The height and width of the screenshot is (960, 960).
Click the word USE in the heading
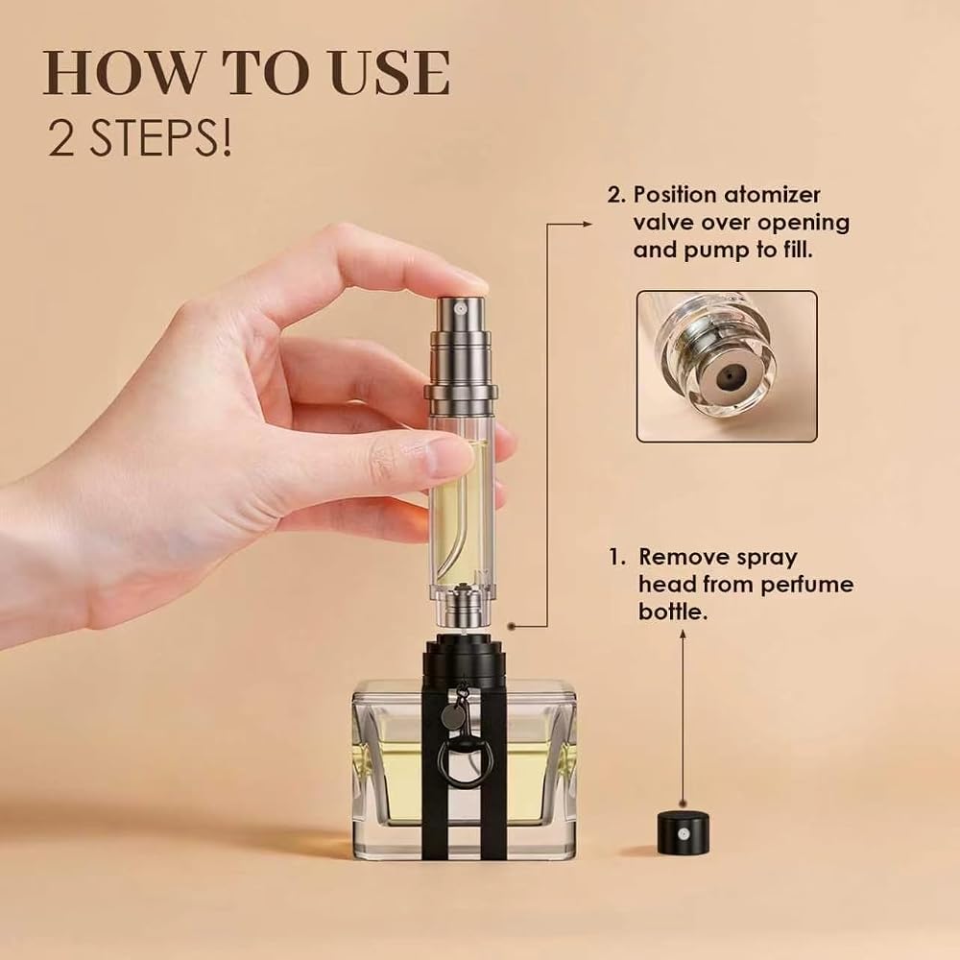pyautogui.click(x=390, y=74)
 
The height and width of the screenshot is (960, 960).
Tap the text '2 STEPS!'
pyautogui.click(x=140, y=139)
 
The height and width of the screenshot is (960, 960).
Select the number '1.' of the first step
pyautogui.click(x=617, y=558)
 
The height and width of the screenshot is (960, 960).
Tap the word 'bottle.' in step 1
pyautogui.click(x=673, y=612)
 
